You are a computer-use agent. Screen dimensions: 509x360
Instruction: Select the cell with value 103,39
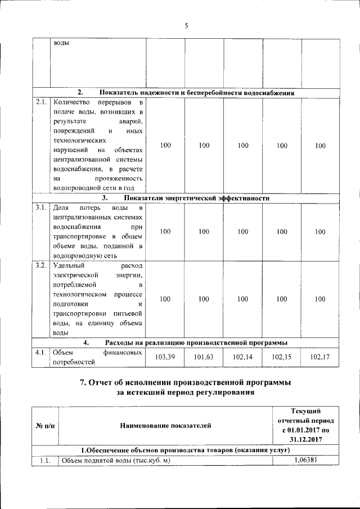(x=165, y=357)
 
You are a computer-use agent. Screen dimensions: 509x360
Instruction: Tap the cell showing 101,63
(x=204, y=357)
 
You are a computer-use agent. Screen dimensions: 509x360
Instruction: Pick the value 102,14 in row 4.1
(x=243, y=357)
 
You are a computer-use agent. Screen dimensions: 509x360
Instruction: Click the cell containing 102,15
(x=282, y=357)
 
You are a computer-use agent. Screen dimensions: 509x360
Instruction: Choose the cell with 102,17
(x=320, y=357)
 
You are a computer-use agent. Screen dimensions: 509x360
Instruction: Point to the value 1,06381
(x=305, y=460)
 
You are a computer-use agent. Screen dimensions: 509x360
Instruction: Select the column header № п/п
(x=45, y=426)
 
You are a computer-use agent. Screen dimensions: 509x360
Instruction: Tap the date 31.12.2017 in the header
(x=305, y=440)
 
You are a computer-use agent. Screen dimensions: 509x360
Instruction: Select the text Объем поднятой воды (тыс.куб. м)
(x=115, y=461)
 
